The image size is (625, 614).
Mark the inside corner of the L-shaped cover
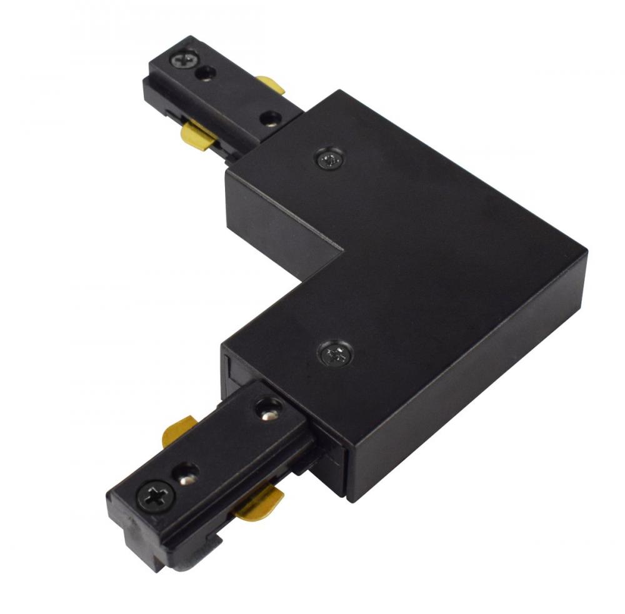[x=343, y=252]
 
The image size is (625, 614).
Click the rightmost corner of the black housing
[x=586, y=251]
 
